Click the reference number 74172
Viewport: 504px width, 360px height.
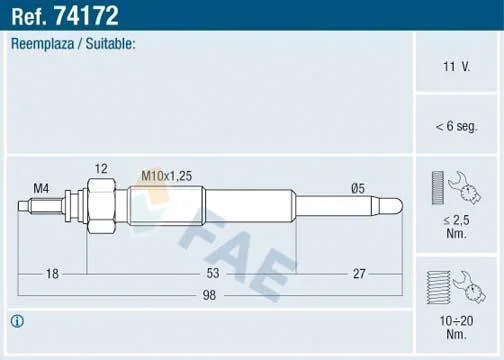coord(87,16)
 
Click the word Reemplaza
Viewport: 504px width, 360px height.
coord(43,44)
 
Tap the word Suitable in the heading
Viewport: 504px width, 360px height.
coord(109,44)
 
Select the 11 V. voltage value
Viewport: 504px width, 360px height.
coord(456,67)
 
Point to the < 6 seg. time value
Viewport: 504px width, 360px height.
coord(456,126)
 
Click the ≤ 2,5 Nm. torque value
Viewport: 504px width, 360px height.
coord(456,227)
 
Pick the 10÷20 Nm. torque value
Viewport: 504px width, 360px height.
coord(456,327)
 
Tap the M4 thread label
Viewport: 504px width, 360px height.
coord(41,189)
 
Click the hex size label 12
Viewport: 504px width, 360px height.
coord(101,169)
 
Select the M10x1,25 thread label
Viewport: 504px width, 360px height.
coord(167,176)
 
